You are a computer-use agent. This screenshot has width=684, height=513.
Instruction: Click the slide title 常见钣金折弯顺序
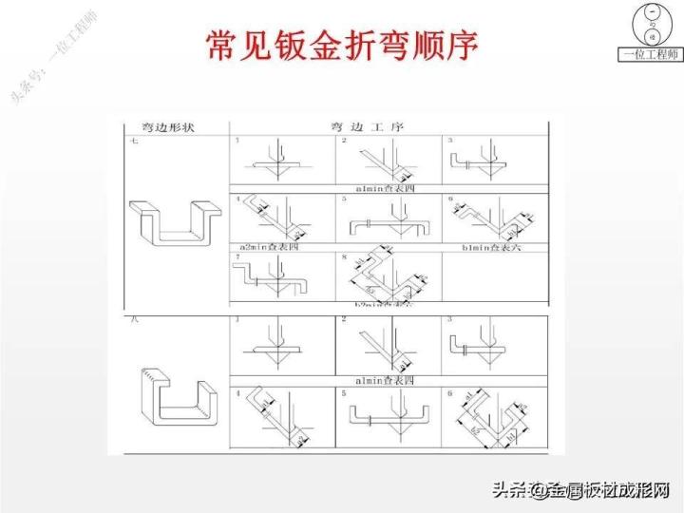tap(341, 46)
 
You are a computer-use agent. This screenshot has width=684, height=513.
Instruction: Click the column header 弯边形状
tap(162, 126)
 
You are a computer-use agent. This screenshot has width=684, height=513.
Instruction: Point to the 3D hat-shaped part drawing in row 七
tap(175, 220)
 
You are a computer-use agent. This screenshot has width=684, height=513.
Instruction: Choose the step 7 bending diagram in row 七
tap(282, 279)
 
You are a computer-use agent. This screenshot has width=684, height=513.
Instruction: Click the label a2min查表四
tap(264, 246)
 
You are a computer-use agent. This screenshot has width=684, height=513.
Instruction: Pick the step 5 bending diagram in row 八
tap(387, 414)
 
